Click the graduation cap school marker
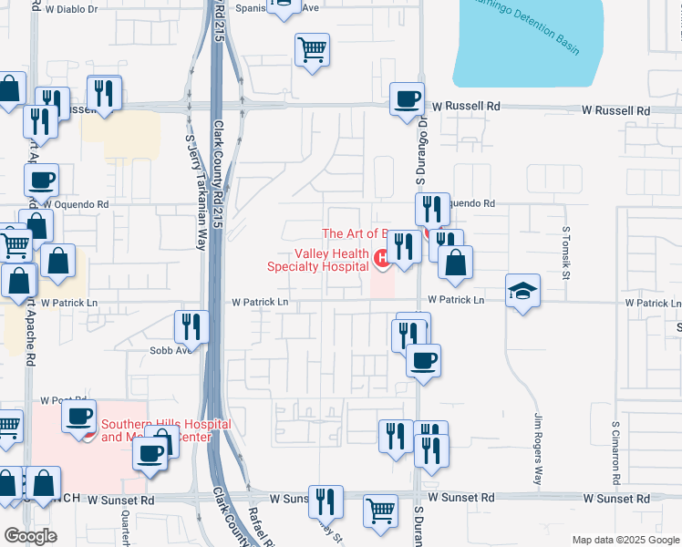click(522, 291)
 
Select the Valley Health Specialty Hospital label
click(318, 261)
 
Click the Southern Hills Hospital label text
click(155, 430)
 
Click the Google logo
click(30, 536)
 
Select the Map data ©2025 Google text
click(625, 540)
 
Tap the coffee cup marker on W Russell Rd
click(407, 98)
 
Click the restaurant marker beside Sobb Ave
click(191, 326)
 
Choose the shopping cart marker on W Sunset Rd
click(380, 511)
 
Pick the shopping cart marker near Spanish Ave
click(312, 49)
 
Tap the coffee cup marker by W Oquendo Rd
click(41, 180)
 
